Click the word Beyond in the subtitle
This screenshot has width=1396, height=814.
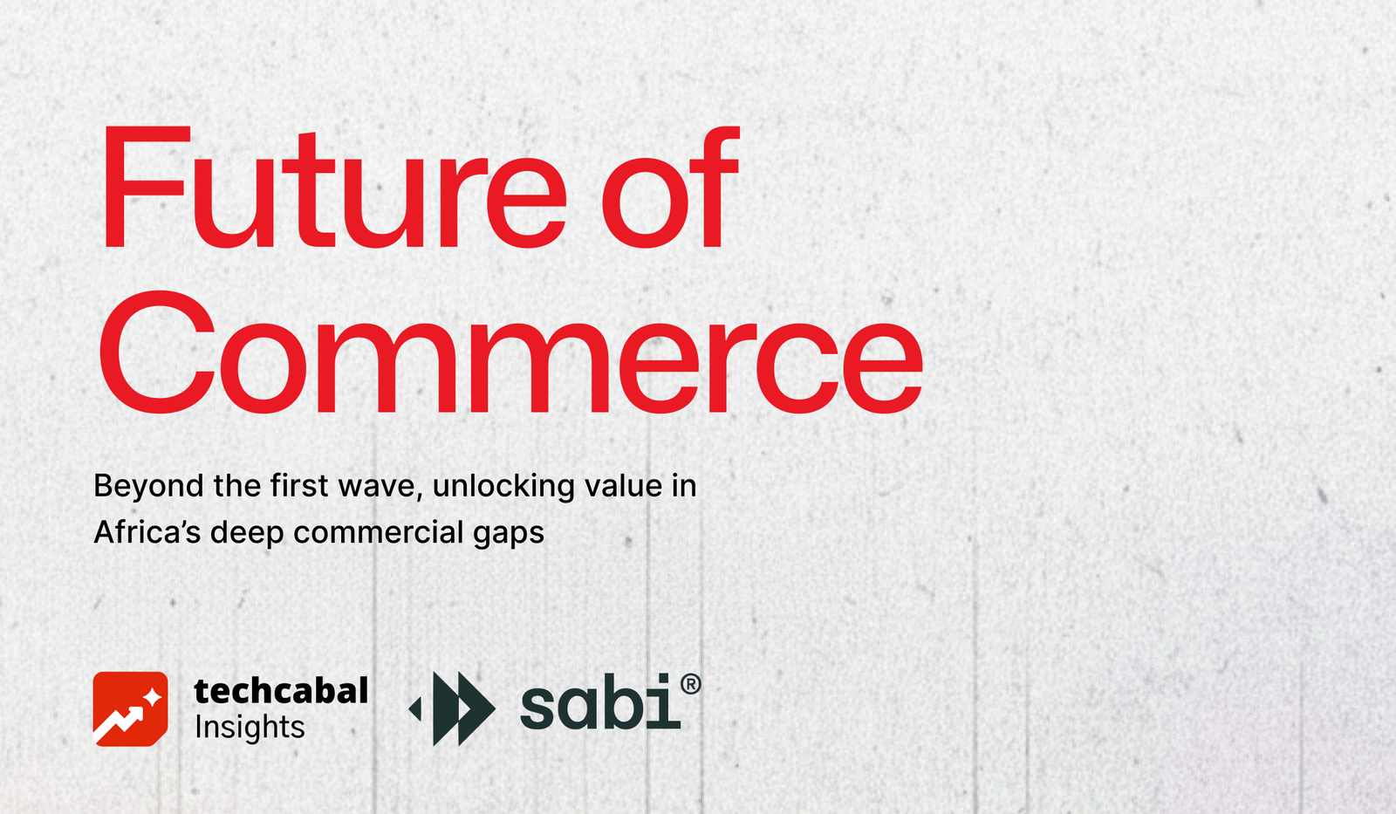click(148, 486)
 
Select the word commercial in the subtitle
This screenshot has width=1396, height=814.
click(379, 532)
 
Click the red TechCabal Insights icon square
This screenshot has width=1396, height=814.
click(130, 708)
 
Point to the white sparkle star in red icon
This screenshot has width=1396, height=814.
click(152, 697)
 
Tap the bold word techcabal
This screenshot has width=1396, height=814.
click(281, 691)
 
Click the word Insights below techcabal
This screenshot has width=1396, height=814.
click(250, 728)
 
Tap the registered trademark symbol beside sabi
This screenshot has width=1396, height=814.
click(690, 685)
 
